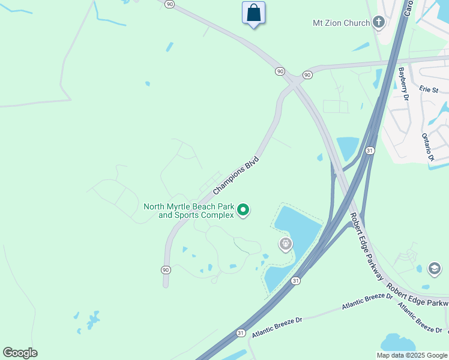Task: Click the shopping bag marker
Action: coord(253,13)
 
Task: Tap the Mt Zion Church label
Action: coord(341,23)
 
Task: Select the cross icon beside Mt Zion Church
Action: coord(378,23)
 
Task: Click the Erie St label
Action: coord(429,89)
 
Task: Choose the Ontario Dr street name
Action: coord(427,147)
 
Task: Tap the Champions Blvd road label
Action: coord(236,175)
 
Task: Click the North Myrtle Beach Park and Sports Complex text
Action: coord(189,211)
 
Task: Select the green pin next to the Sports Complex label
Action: coord(243,210)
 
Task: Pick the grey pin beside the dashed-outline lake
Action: coord(286,244)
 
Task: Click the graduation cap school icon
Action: coord(435,268)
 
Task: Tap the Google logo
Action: coord(20,353)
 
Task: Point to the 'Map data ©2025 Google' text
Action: coord(412,355)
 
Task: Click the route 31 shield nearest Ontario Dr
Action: coord(370,150)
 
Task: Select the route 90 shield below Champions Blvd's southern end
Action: coord(166,270)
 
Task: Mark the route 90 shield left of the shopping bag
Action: coord(170,4)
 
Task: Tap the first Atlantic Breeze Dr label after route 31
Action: coord(277,327)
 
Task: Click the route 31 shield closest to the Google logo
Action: coord(241,332)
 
